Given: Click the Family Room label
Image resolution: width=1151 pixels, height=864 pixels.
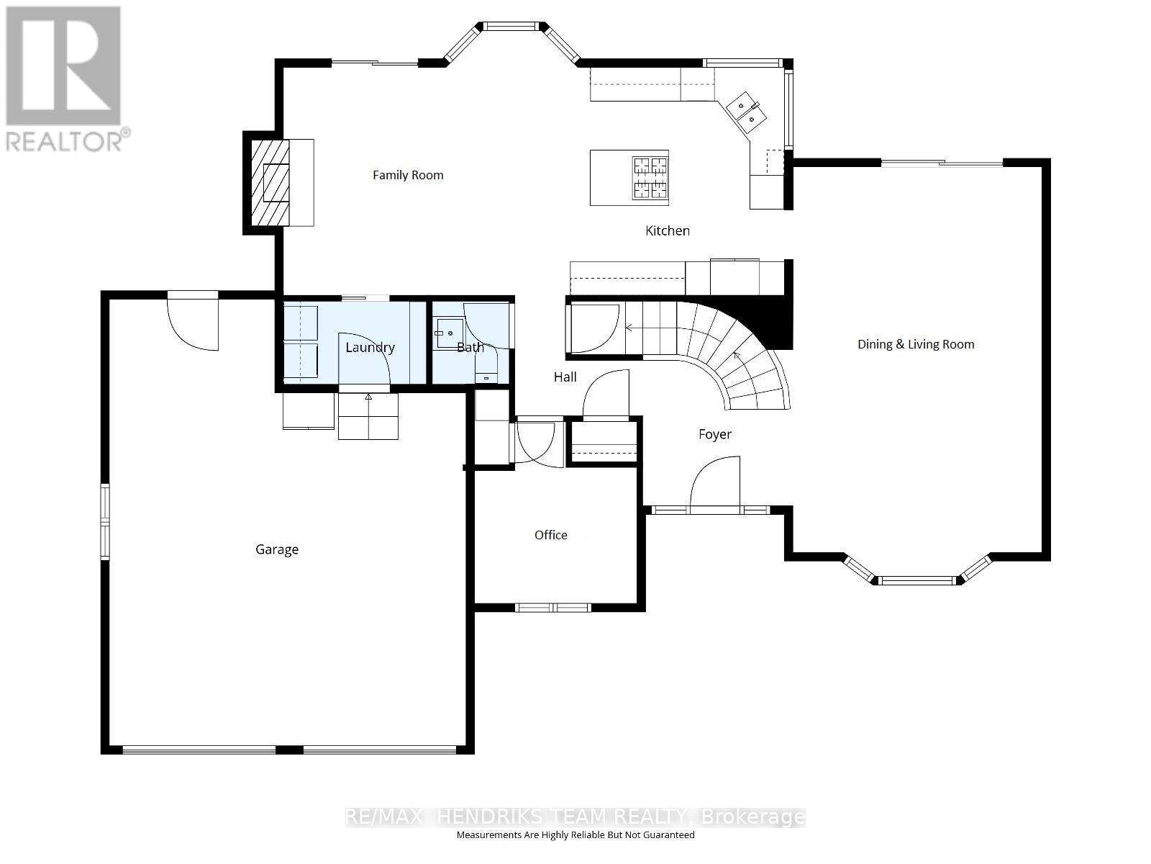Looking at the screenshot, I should pyautogui.click(x=408, y=175).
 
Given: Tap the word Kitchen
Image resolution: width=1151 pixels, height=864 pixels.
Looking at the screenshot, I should pyautogui.click(x=667, y=230).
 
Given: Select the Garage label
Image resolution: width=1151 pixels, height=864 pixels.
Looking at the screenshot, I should pyautogui.click(x=277, y=549).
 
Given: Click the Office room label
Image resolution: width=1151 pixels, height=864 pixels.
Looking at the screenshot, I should pyautogui.click(x=550, y=535).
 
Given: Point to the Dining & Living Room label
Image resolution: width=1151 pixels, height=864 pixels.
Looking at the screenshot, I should pyautogui.click(x=915, y=344).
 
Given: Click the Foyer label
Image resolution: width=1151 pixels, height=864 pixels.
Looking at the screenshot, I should pyautogui.click(x=714, y=434).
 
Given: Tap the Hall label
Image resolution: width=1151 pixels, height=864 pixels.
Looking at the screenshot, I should pyautogui.click(x=565, y=377).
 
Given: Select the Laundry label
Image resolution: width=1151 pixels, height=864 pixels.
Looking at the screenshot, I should pyautogui.click(x=370, y=347).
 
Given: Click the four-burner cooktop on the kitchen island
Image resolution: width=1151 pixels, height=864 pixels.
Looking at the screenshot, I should pyautogui.click(x=650, y=177).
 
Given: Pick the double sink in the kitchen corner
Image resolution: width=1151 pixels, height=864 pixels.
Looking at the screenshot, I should pyautogui.click(x=745, y=113).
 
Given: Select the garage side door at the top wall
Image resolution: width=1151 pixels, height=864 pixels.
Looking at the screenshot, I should pyautogui.click(x=193, y=320).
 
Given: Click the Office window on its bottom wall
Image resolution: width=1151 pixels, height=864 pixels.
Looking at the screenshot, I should pyautogui.click(x=552, y=608).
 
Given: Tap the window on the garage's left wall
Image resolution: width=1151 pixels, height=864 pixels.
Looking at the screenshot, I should pyautogui.click(x=105, y=522).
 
